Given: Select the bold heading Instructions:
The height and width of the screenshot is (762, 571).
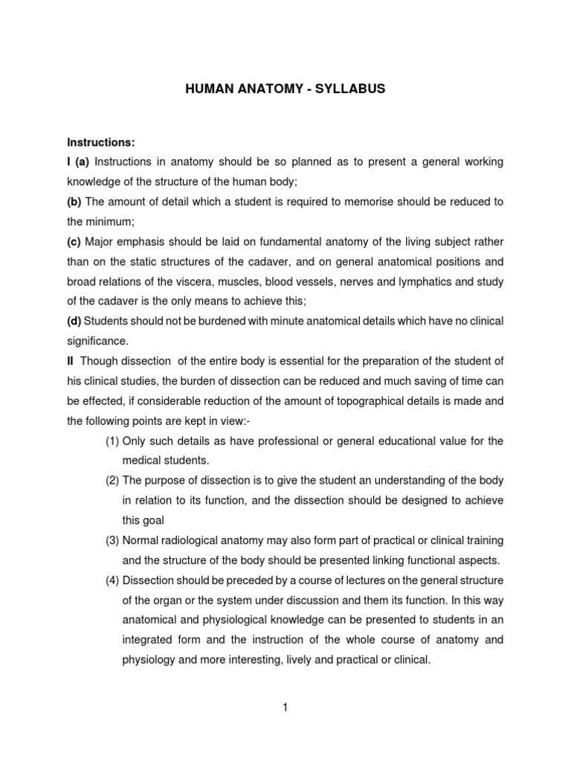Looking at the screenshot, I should (x=101, y=142).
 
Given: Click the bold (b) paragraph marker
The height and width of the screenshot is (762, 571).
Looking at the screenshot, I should (x=74, y=202).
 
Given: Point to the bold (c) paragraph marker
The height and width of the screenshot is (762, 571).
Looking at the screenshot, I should (x=74, y=242).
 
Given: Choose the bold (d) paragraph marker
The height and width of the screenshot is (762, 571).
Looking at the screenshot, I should (x=74, y=321).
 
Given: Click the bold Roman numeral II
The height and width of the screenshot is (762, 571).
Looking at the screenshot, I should (x=71, y=361).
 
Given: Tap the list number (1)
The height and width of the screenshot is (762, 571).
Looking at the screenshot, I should (x=112, y=441).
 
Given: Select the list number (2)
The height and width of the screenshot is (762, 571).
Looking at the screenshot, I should (x=112, y=481).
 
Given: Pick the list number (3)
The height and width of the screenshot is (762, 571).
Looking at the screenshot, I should (x=112, y=540).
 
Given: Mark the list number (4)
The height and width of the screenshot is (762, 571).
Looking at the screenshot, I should (x=112, y=580).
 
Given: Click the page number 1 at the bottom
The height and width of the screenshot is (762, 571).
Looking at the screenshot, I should (x=285, y=708).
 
